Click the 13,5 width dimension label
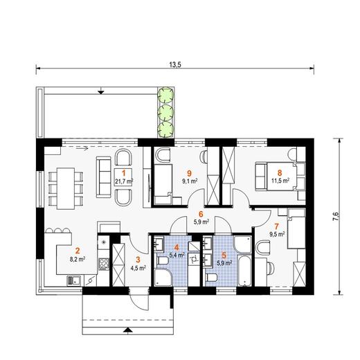(x=175, y=64)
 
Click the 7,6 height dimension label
(x=336, y=217)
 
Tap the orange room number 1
(x=124, y=172)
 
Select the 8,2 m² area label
(x=78, y=259)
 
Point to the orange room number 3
(x=138, y=260)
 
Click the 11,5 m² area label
(x=280, y=181)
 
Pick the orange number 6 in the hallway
(x=201, y=214)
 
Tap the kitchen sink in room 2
(x=73, y=280)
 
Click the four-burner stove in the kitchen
(x=104, y=264)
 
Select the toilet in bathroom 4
(x=163, y=262)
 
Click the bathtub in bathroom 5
(x=244, y=271)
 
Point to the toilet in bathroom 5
(x=211, y=278)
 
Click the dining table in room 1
(x=66, y=188)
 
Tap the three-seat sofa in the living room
(x=104, y=177)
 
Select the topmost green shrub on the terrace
(x=165, y=94)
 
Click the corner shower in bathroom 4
(x=163, y=278)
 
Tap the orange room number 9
(x=190, y=172)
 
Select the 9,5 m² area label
(x=277, y=235)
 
